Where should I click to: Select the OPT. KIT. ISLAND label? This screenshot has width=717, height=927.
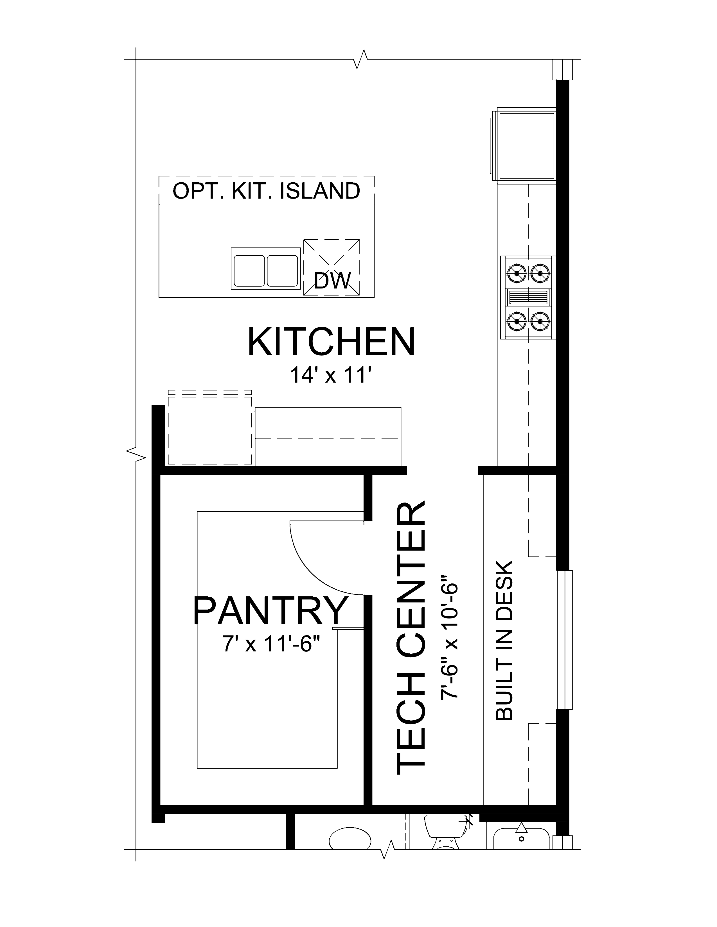click(x=266, y=191)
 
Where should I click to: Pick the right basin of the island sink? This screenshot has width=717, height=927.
click(x=282, y=270)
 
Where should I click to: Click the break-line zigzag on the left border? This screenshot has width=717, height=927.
click(x=136, y=455)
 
